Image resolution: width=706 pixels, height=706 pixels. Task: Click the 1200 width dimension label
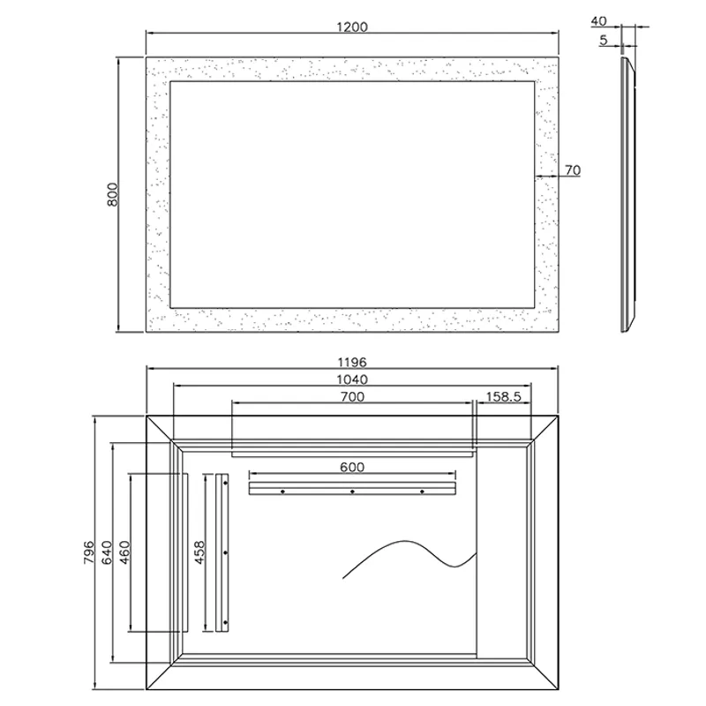coord(352,27)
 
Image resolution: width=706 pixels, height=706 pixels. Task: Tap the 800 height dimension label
coord(113,194)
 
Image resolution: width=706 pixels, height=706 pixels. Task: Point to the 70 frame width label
coord(573,170)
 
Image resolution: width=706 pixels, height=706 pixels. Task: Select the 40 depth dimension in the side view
coord(598,21)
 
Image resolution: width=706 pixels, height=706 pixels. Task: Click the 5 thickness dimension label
coord(604,40)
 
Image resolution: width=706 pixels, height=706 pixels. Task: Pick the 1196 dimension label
coord(352,362)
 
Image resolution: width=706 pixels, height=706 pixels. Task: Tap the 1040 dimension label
coord(352,379)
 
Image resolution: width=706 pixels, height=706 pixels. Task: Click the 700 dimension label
coord(352,396)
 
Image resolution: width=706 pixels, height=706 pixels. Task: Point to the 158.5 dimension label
coord(503,396)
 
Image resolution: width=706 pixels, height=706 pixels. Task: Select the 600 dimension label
coord(352,467)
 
